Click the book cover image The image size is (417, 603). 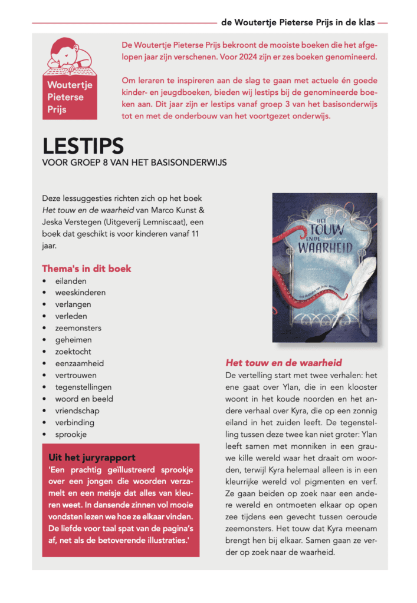point(324,267)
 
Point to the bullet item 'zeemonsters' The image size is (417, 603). point(78,328)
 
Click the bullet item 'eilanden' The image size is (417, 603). point(71,281)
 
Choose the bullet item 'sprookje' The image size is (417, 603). point(71,434)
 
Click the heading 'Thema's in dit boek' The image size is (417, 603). point(87,269)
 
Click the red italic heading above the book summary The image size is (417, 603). point(284,363)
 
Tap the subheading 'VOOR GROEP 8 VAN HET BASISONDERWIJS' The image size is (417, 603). point(134,162)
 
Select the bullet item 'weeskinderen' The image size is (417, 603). point(81,293)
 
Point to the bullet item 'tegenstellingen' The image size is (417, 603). point(84,387)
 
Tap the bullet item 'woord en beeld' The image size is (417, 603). point(84,399)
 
